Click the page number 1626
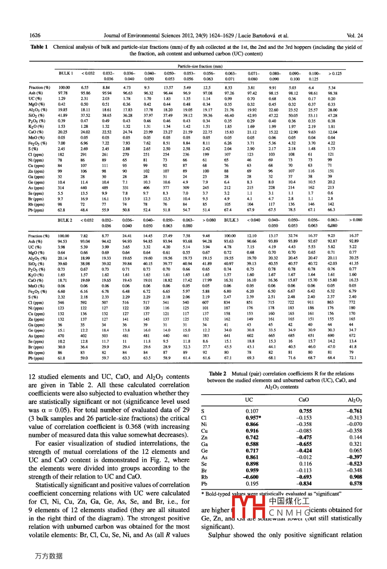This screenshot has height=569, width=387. click(x=35, y=36)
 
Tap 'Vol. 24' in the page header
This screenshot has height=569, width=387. click(x=354, y=36)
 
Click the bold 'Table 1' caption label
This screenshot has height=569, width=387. click(x=39, y=47)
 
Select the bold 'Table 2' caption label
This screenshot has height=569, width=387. click(x=217, y=374)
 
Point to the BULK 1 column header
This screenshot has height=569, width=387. click(x=65, y=73)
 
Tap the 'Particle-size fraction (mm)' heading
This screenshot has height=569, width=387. click(x=200, y=66)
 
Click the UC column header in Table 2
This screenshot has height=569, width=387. click(x=249, y=400)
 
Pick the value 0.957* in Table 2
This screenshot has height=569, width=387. click(x=253, y=418)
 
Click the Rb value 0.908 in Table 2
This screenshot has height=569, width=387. click(x=355, y=477)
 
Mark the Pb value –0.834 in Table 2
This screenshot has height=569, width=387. click(x=304, y=483)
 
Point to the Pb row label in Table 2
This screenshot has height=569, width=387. click(x=204, y=483)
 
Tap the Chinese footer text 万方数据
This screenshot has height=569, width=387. click(x=49, y=556)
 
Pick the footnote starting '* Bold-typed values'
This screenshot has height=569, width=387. click(x=271, y=493)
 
